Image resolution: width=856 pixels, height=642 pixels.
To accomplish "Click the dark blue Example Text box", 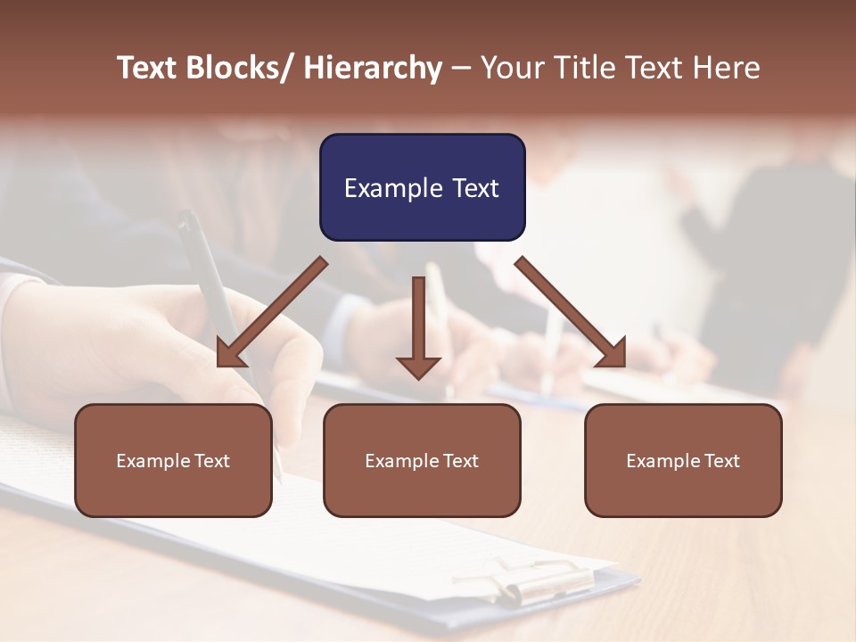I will [x=422, y=187].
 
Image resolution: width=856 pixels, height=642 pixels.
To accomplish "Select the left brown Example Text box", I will [x=173, y=460].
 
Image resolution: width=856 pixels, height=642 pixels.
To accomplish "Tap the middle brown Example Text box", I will [x=421, y=460].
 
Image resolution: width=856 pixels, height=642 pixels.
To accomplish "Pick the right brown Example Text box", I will [x=683, y=460].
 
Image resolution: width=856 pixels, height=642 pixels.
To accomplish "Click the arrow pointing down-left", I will [x=272, y=312].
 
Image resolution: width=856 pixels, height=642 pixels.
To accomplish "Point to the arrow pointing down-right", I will [x=571, y=312].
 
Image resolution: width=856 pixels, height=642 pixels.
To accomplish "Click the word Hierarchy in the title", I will [x=373, y=68].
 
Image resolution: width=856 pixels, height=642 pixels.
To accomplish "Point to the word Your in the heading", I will [x=511, y=68].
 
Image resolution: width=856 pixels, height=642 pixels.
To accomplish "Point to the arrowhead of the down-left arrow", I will [x=229, y=354].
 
